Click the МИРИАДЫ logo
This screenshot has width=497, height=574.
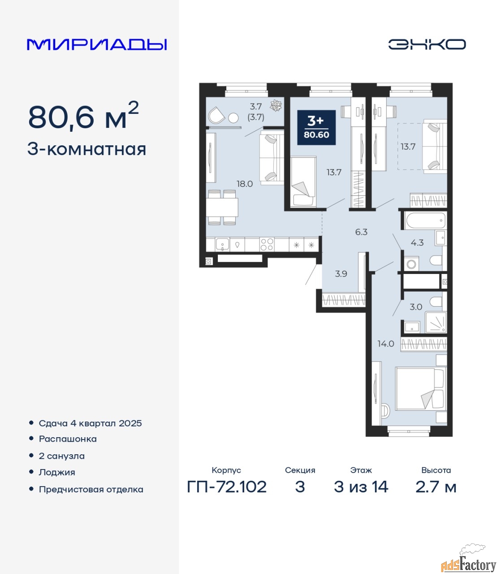coord(97,44)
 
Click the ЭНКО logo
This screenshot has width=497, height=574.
coord(427,44)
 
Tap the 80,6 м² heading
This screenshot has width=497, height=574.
coord(83,117)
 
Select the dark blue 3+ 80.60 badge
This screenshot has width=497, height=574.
coord(316,127)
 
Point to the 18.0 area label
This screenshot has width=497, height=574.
coord(245,184)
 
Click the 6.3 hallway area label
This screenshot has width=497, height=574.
coord(361,232)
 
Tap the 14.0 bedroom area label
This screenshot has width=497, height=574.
coord(386,344)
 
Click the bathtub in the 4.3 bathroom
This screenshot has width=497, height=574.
coord(425,221)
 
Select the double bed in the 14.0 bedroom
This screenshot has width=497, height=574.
coord(421,389)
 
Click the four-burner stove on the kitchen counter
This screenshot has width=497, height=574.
coord(267,244)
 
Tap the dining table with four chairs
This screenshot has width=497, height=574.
coord(222,207)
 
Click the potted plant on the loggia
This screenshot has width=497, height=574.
coord(276,106)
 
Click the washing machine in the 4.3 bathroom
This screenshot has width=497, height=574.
coord(411,264)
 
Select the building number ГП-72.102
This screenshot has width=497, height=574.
coord(227,495)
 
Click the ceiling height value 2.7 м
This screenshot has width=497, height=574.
coord(436,495)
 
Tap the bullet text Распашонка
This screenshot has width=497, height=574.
coord(68,439)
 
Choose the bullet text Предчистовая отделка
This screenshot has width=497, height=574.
coord(91,490)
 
